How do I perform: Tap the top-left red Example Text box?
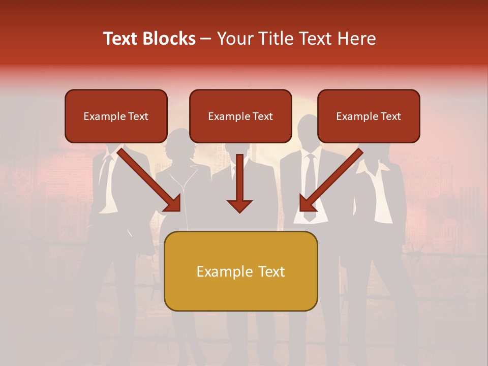(116, 116)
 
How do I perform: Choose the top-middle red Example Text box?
(240, 116)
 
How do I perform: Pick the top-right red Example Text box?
(369, 116)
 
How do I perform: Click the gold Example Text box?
(240, 271)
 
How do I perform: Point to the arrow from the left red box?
(147, 178)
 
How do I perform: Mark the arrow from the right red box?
(333, 178)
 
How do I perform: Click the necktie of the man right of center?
(310, 188)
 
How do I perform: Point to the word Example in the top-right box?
(355, 116)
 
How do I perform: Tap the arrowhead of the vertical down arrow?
(239, 205)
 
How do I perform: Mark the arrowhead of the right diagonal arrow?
(307, 203)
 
